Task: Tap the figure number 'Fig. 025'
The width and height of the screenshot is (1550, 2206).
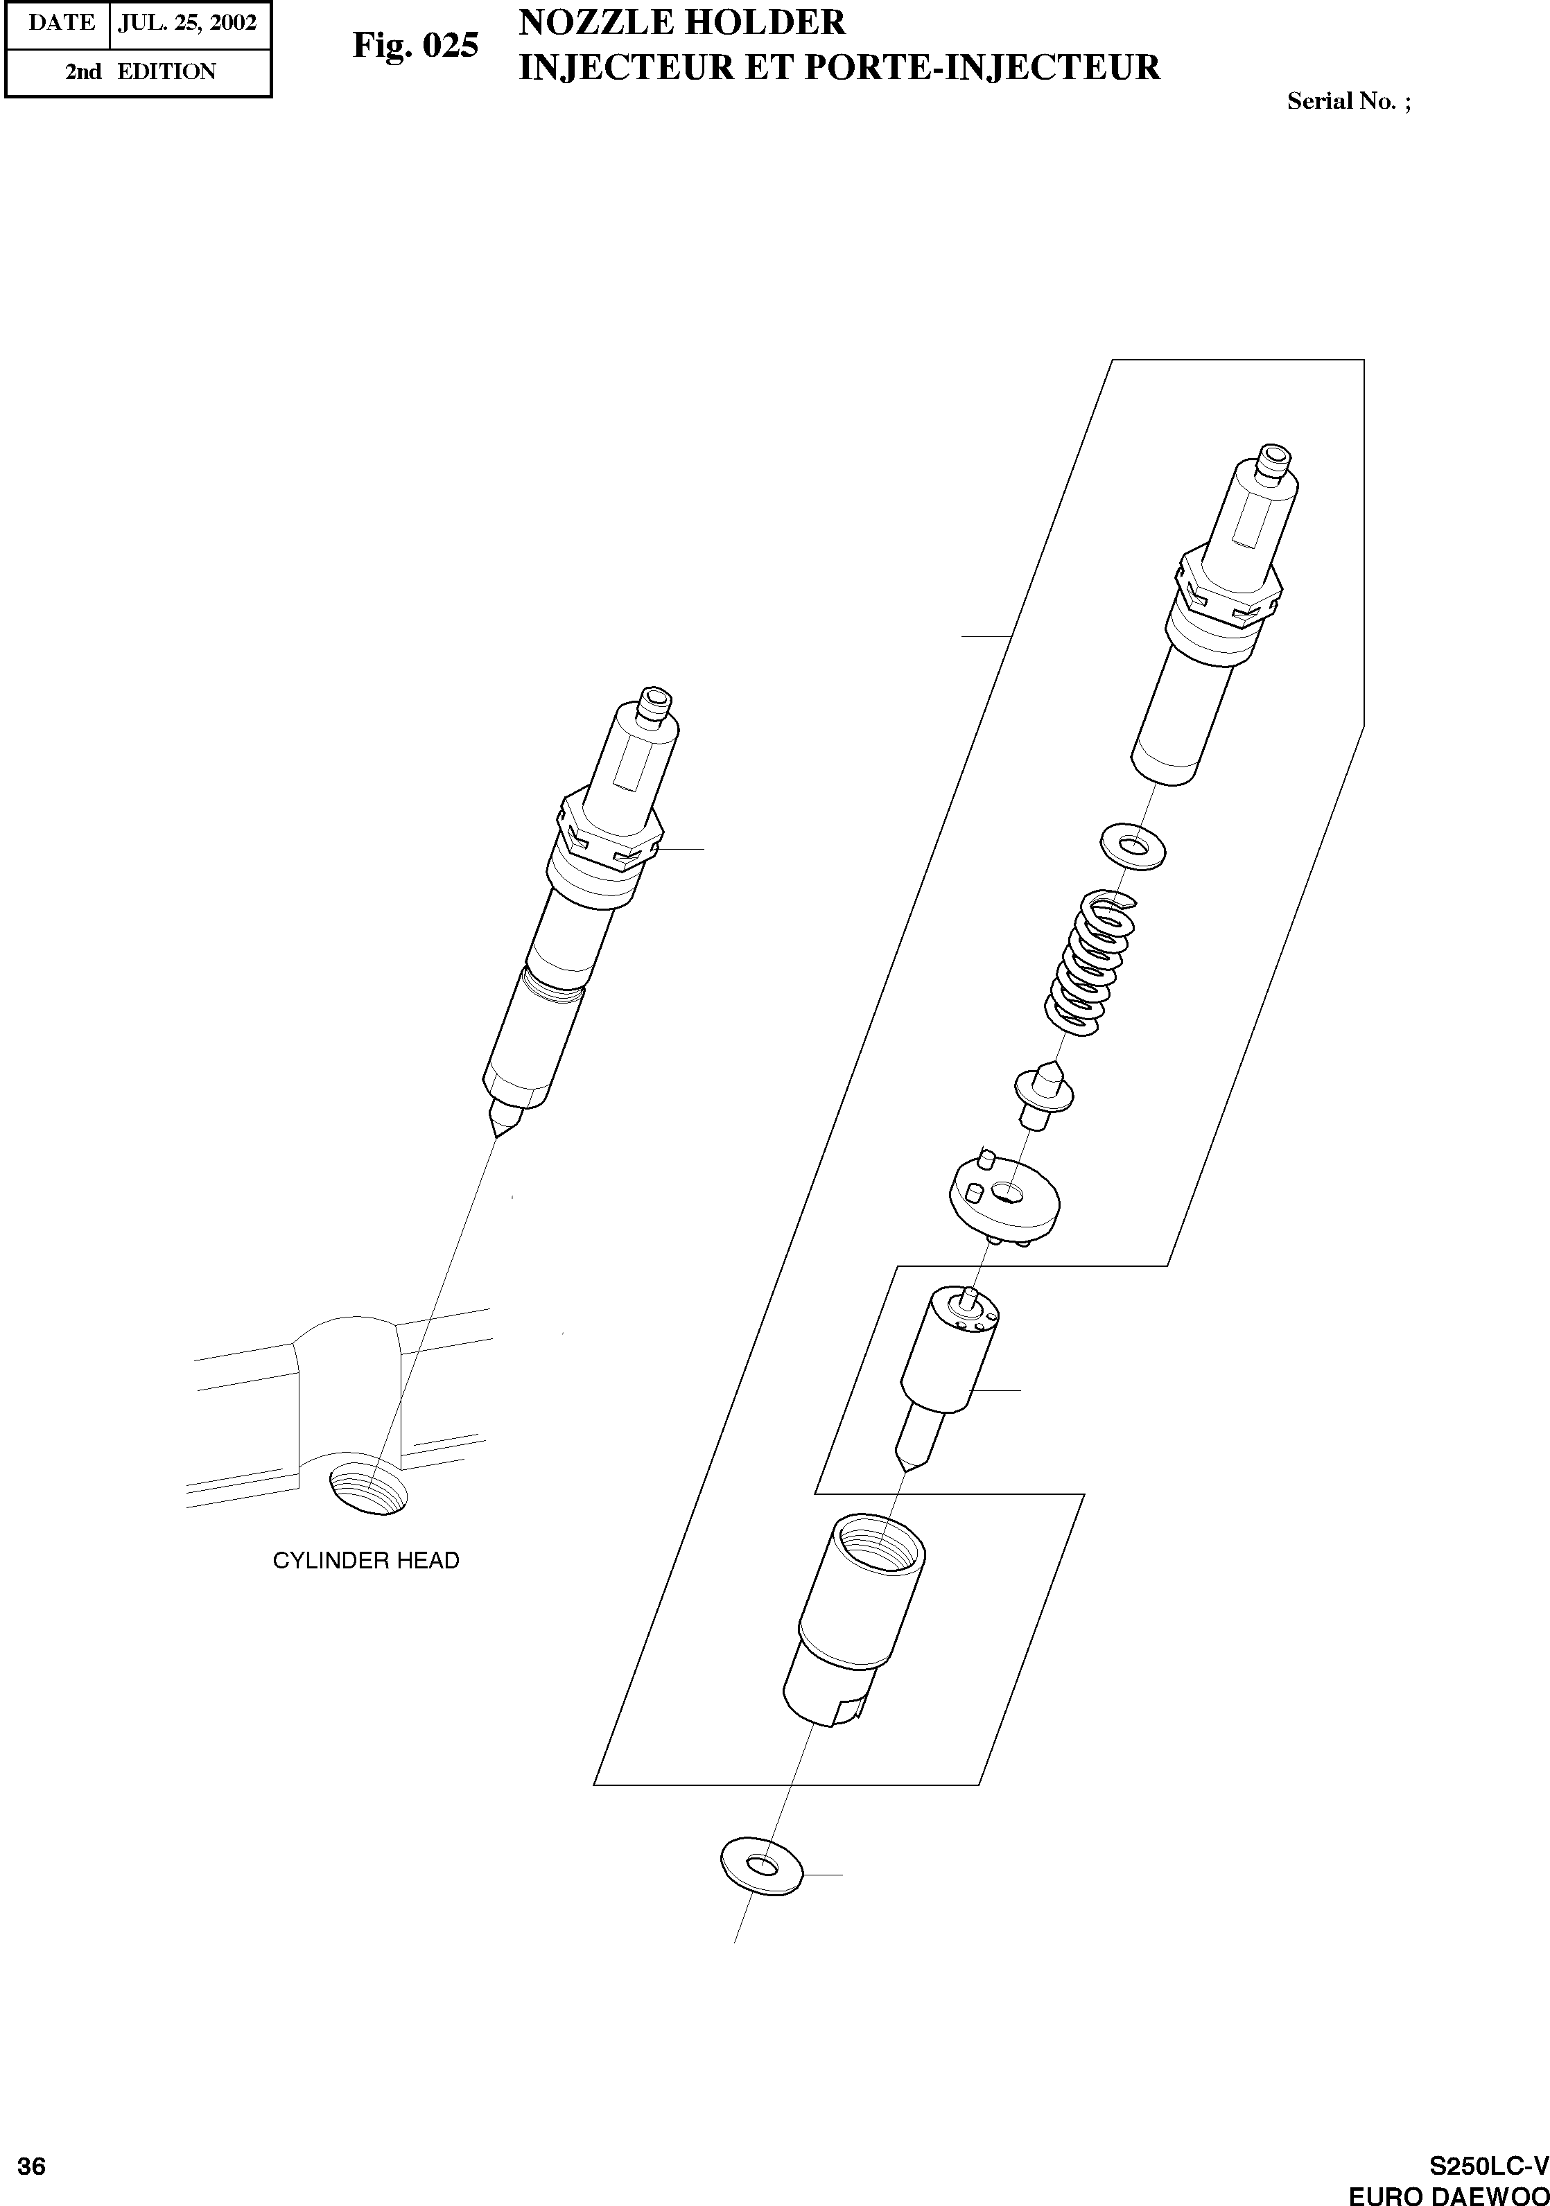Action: coord(415,45)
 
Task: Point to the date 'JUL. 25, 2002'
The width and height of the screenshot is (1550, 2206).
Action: coord(187,23)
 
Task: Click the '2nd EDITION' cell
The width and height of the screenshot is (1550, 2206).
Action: coord(139,72)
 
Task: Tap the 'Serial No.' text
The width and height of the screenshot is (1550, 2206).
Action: coord(1341,101)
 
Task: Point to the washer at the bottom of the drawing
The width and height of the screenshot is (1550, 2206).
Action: coord(761,1865)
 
